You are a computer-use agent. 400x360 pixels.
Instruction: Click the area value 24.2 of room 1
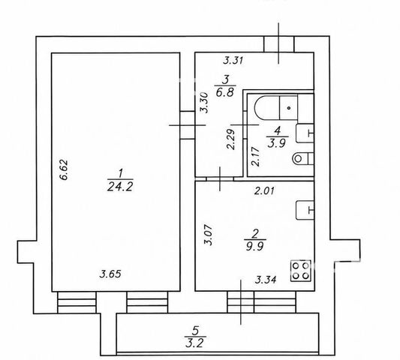click(x=120, y=187)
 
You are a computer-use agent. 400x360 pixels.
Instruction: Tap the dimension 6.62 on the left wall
click(x=64, y=169)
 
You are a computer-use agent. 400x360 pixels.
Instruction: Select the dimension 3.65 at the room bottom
click(x=110, y=274)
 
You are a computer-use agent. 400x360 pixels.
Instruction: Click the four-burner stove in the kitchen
click(x=301, y=271)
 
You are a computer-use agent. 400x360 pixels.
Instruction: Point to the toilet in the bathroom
click(x=302, y=159)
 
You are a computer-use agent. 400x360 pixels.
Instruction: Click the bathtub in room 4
click(x=276, y=107)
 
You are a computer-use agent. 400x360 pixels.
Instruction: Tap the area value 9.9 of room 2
click(x=254, y=246)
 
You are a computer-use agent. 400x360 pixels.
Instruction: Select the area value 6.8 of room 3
click(x=224, y=92)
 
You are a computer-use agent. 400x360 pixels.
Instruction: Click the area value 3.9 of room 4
click(x=276, y=143)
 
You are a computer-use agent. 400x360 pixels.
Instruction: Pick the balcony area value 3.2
click(x=195, y=343)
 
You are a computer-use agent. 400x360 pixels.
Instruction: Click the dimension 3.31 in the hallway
click(x=233, y=61)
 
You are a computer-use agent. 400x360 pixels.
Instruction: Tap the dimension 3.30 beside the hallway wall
click(x=204, y=103)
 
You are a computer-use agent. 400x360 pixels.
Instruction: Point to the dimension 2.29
click(x=231, y=139)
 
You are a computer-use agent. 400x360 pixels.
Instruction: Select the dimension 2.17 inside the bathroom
click(x=255, y=157)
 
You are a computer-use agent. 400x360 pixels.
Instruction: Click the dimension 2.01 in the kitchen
click(x=264, y=190)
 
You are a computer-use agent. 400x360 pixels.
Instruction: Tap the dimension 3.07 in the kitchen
click(x=209, y=235)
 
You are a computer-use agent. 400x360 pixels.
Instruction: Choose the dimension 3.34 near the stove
click(x=266, y=280)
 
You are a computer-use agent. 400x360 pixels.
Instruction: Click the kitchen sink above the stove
click(x=305, y=210)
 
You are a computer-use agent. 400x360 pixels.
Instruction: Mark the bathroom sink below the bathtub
click(x=305, y=133)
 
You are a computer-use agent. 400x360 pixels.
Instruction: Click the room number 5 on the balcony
click(x=195, y=331)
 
